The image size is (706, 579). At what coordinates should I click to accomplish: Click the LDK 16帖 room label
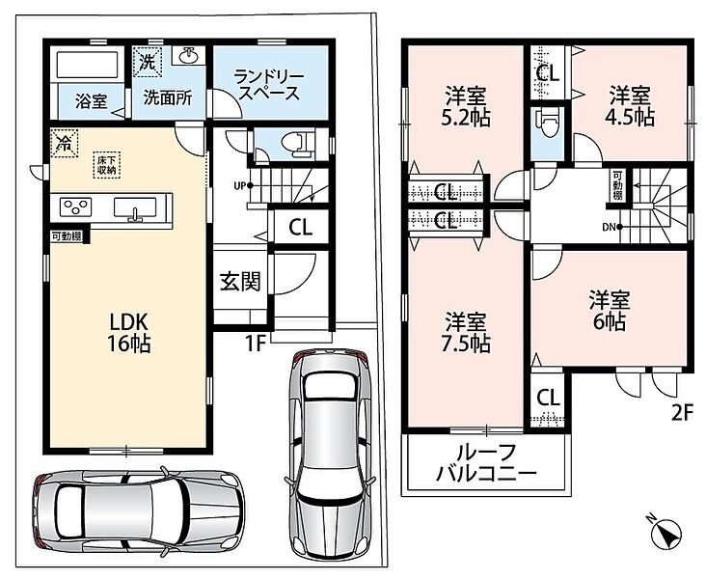click(129, 333)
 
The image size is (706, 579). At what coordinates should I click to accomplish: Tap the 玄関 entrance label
click(240, 282)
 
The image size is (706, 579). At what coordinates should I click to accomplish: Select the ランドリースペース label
click(269, 85)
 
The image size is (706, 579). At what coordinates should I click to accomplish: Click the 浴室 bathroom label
click(91, 101)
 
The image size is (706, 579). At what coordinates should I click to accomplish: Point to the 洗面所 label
click(168, 97)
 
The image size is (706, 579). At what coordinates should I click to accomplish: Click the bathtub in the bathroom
click(88, 65)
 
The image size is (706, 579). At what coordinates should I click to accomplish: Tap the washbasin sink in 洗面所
click(187, 56)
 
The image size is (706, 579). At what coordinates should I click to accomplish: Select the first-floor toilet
click(296, 144)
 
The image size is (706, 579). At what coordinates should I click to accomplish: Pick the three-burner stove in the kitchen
click(75, 207)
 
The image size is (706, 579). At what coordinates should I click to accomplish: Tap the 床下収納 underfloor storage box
click(107, 165)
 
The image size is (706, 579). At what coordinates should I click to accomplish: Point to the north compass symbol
click(666, 532)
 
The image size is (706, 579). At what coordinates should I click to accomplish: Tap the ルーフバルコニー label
click(487, 463)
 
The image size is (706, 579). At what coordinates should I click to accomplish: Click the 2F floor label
click(681, 413)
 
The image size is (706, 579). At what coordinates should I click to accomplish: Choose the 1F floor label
click(254, 344)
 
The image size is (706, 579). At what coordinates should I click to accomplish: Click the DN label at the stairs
click(609, 228)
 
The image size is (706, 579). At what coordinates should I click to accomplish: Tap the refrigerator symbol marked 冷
click(64, 143)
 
